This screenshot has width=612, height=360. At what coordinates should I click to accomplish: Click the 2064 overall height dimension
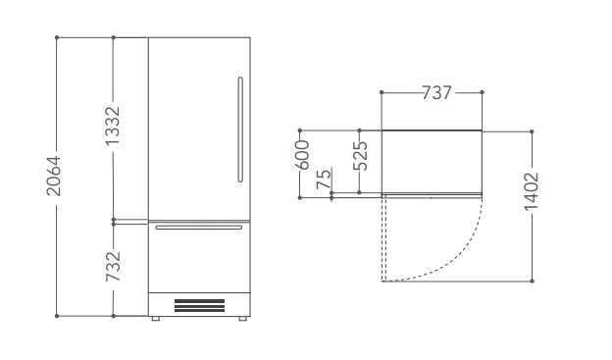54,176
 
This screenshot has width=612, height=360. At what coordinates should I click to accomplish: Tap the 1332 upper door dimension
113,126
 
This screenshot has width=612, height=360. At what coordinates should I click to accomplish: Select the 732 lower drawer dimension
113,267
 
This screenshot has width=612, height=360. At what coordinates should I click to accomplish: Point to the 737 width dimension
436,93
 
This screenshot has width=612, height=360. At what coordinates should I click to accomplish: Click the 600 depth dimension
302,155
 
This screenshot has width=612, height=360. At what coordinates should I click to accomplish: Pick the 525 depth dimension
360,155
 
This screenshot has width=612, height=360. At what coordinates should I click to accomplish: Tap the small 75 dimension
324,180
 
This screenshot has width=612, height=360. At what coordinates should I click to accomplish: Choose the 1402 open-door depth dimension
532,191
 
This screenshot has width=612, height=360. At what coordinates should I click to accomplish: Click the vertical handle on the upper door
240,129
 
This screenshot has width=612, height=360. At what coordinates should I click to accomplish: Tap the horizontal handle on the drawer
199,228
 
